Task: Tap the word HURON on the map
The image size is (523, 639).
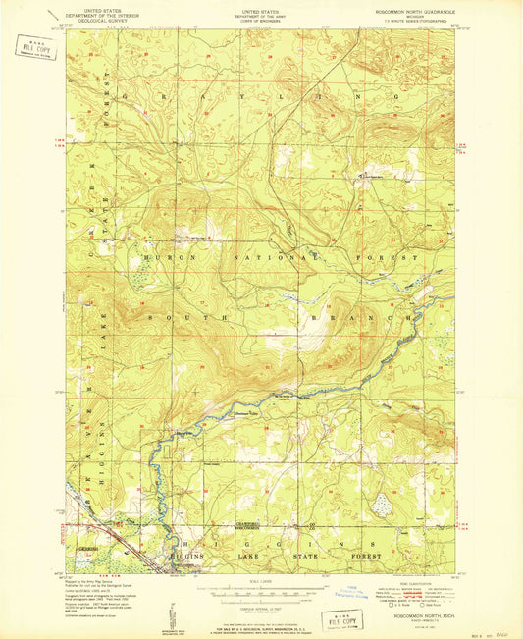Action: pos(157,256)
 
